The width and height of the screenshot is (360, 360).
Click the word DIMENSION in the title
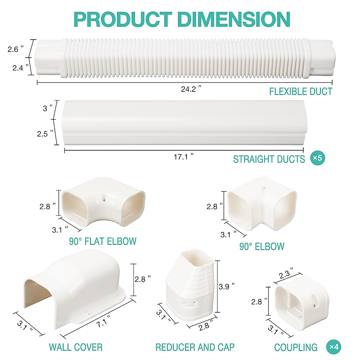234,19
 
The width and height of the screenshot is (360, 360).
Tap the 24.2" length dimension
191,89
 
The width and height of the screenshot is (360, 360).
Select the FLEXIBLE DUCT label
301,91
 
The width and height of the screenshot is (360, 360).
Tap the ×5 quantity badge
318,158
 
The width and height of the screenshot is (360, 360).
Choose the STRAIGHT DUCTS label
269,159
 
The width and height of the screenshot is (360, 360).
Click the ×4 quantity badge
334,347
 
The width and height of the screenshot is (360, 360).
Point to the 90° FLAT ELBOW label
103,241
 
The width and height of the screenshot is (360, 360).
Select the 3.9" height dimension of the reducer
226,287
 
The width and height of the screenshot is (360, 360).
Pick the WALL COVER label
76,347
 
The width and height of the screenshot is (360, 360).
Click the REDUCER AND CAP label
195,347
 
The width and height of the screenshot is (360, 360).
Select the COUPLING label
296,347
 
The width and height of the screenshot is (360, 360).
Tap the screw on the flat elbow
104,197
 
